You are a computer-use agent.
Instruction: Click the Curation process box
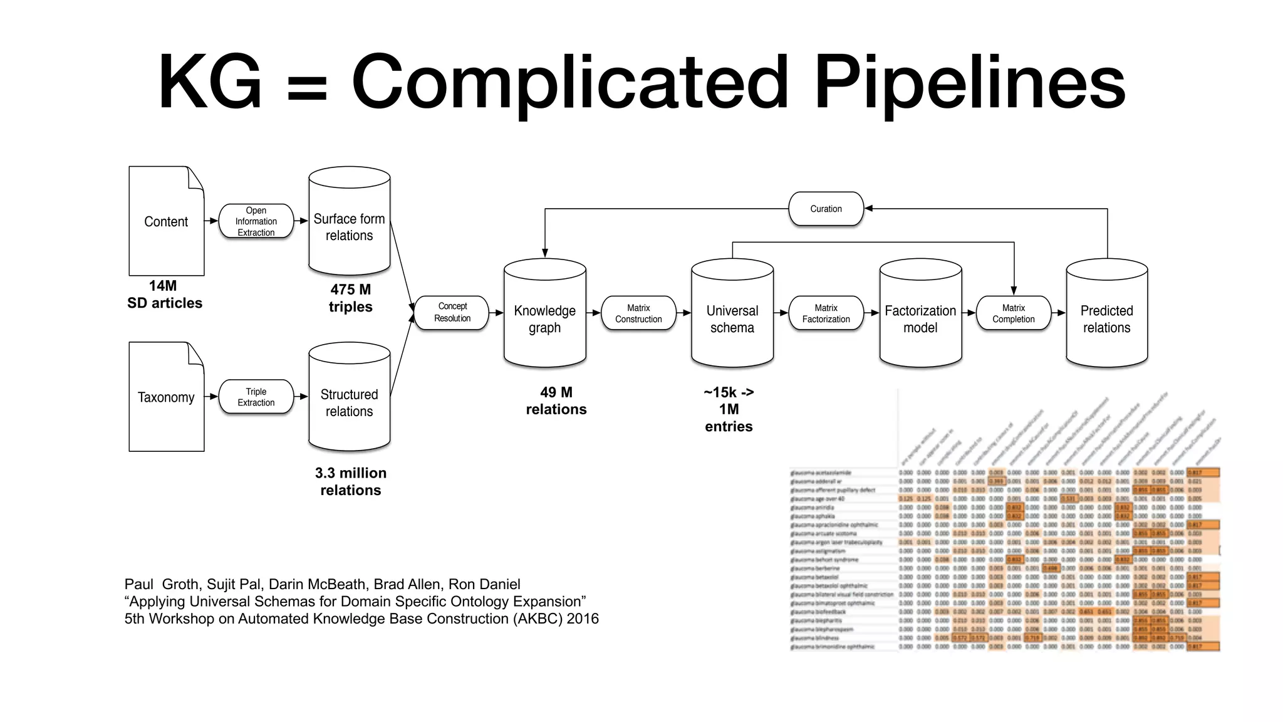tap(826, 209)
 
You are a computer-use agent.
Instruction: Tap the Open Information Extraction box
tap(256, 221)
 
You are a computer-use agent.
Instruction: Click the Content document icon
tap(166, 221)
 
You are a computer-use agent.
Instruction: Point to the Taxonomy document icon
tap(166, 397)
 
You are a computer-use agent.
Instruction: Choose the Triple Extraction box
tap(256, 397)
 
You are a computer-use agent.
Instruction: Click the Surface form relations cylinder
tap(349, 227)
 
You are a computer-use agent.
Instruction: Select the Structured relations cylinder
tap(349, 402)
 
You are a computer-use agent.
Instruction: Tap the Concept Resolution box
tap(452, 312)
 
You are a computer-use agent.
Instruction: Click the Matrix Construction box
tap(638, 313)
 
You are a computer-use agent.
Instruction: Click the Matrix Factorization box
tap(826, 313)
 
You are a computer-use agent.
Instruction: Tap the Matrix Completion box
tap(1013, 313)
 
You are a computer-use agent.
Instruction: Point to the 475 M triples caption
tap(350, 298)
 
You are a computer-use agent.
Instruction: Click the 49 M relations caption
tap(556, 401)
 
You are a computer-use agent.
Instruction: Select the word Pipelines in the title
tap(969, 82)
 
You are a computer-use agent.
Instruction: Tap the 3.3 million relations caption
tap(350, 481)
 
